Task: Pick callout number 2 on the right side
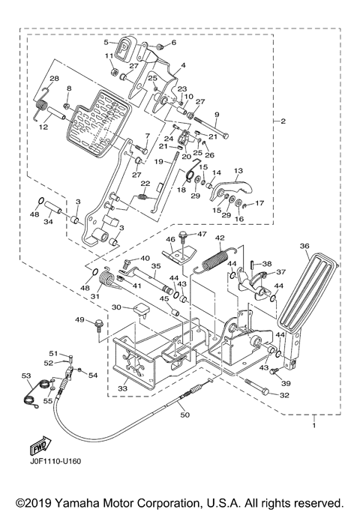(283, 121)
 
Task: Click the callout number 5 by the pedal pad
(106, 43)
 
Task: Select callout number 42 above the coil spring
(220, 239)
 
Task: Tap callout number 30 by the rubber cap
(117, 307)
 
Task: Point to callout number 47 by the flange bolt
(202, 235)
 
